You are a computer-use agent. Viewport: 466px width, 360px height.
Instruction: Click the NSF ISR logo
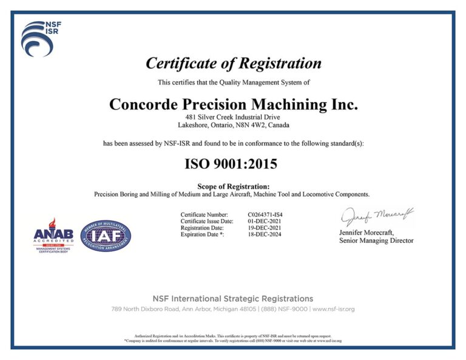click(x=40, y=38)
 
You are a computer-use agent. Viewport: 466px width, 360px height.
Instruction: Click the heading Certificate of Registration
click(x=234, y=63)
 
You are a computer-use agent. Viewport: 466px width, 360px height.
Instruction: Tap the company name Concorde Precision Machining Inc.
click(x=234, y=104)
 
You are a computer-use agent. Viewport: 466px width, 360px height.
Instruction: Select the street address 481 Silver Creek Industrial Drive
click(x=234, y=117)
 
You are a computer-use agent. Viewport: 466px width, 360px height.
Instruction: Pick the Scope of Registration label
click(x=234, y=186)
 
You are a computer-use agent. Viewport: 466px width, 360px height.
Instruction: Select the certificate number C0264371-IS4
click(x=265, y=215)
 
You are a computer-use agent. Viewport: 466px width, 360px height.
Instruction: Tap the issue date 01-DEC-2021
click(x=265, y=222)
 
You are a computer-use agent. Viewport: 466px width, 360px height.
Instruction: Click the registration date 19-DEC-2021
click(x=265, y=228)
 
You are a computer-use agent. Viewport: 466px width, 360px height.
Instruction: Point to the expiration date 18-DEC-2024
click(x=265, y=235)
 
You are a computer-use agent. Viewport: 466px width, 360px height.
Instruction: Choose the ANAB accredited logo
click(x=53, y=236)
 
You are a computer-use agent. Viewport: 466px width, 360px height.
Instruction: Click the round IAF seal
click(x=106, y=236)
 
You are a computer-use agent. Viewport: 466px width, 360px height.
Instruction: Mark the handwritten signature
click(x=376, y=216)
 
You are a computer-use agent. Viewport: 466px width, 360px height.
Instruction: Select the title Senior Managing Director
click(x=376, y=241)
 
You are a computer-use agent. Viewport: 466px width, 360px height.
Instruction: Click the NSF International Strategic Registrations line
click(x=234, y=299)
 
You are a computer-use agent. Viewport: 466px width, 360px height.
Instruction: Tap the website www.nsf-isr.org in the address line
click(x=334, y=309)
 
